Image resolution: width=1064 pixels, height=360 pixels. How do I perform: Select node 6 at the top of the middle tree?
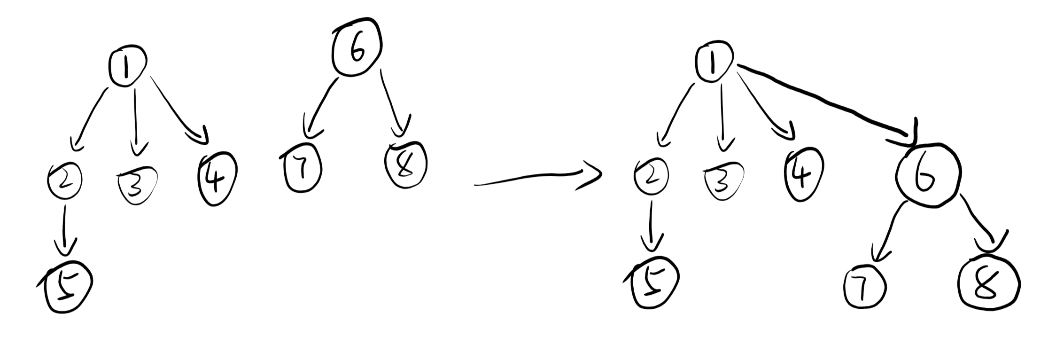tap(357, 47)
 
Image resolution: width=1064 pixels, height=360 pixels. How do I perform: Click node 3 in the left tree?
tap(137, 183)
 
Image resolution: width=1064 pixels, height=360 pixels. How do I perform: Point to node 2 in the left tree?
tap(65, 180)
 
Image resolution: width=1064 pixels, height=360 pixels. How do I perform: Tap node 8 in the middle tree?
tap(406, 165)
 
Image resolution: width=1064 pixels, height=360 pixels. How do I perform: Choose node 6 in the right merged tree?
tap(928, 175)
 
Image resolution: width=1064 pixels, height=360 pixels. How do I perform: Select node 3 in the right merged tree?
tap(723, 181)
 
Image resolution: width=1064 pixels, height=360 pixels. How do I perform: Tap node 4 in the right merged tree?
tap(803, 174)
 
